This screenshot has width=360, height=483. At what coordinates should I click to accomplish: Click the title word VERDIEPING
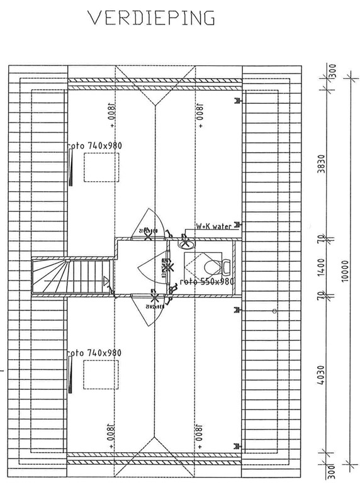152,18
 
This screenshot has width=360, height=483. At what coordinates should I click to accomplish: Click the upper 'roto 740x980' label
95,145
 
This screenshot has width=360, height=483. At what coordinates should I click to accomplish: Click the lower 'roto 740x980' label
95,353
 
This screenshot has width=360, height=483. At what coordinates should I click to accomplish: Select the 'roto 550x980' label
207,282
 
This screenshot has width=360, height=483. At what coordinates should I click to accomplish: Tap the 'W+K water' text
214,226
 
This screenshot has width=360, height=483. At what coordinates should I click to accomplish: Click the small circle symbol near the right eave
274,311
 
